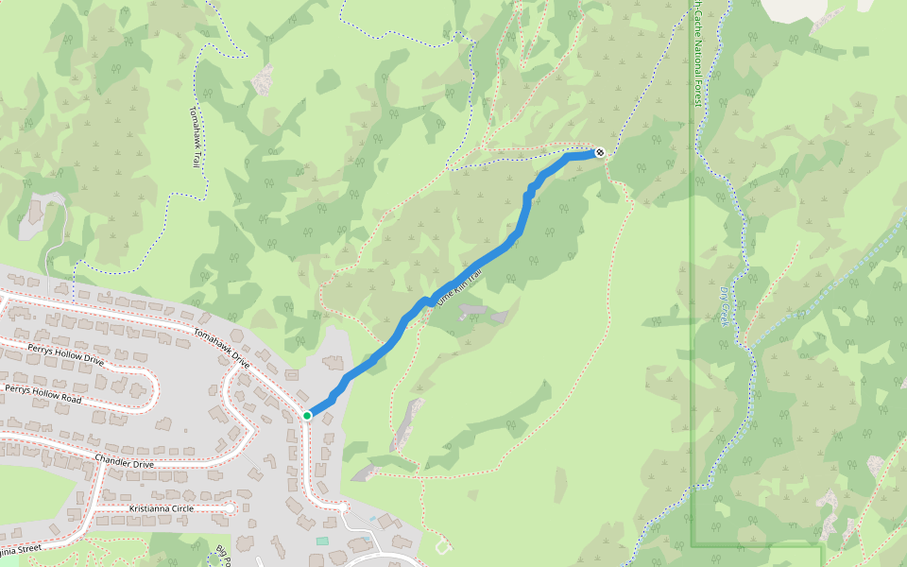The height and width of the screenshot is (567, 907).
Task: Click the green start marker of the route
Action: click(308, 415)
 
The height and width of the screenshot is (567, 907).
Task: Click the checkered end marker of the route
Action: click(600, 152)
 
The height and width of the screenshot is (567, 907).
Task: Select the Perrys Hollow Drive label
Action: click(66, 354)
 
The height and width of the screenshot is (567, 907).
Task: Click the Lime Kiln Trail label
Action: click(459, 284)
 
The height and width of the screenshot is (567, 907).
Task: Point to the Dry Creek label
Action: click(726, 307)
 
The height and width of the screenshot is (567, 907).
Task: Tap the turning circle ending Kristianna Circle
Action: click(230, 508)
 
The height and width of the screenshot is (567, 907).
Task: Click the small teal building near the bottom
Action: click(322, 541)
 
